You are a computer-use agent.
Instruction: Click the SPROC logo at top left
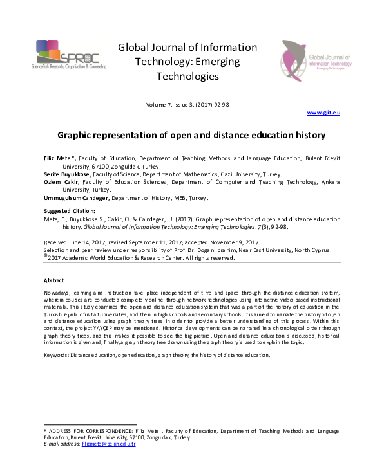[x=67, y=57]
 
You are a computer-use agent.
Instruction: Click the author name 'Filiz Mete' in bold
[x=59, y=158]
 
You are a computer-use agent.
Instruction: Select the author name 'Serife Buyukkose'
[x=67, y=174]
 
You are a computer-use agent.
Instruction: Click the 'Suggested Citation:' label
[x=69, y=211]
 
